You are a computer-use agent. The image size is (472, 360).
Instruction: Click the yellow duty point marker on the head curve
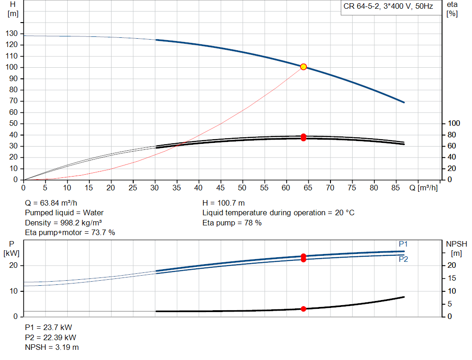click(303, 67)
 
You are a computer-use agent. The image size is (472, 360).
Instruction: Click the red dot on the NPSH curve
click(303, 309)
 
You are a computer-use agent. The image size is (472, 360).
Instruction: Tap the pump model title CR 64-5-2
click(361, 6)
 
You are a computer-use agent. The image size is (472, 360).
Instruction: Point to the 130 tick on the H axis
click(12, 33)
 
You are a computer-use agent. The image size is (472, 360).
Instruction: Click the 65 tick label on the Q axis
click(308, 188)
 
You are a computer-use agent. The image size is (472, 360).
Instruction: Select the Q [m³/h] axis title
click(424, 188)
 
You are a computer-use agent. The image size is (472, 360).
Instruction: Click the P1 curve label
click(403, 244)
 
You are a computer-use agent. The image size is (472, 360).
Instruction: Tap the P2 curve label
click(403, 259)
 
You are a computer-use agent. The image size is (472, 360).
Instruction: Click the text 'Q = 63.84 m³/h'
click(51, 203)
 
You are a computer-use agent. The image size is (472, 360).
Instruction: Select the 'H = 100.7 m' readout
click(224, 203)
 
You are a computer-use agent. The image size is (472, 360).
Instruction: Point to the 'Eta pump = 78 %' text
click(232, 223)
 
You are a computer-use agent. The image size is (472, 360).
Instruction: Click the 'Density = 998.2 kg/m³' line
click(63, 223)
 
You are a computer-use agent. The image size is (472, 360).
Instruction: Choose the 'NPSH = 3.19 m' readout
click(52, 347)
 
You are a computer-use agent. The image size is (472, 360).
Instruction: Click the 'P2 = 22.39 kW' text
click(51, 337)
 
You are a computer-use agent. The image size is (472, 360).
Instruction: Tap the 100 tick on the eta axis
click(454, 124)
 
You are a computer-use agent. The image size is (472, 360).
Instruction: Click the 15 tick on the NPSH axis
click(452, 278)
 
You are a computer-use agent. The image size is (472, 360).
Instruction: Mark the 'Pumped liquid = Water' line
click(64, 213)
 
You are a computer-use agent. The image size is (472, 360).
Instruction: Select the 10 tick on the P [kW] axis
click(13, 291)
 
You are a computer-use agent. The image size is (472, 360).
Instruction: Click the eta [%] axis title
click(452, 9)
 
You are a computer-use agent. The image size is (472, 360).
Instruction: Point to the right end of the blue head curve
click(404, 102)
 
